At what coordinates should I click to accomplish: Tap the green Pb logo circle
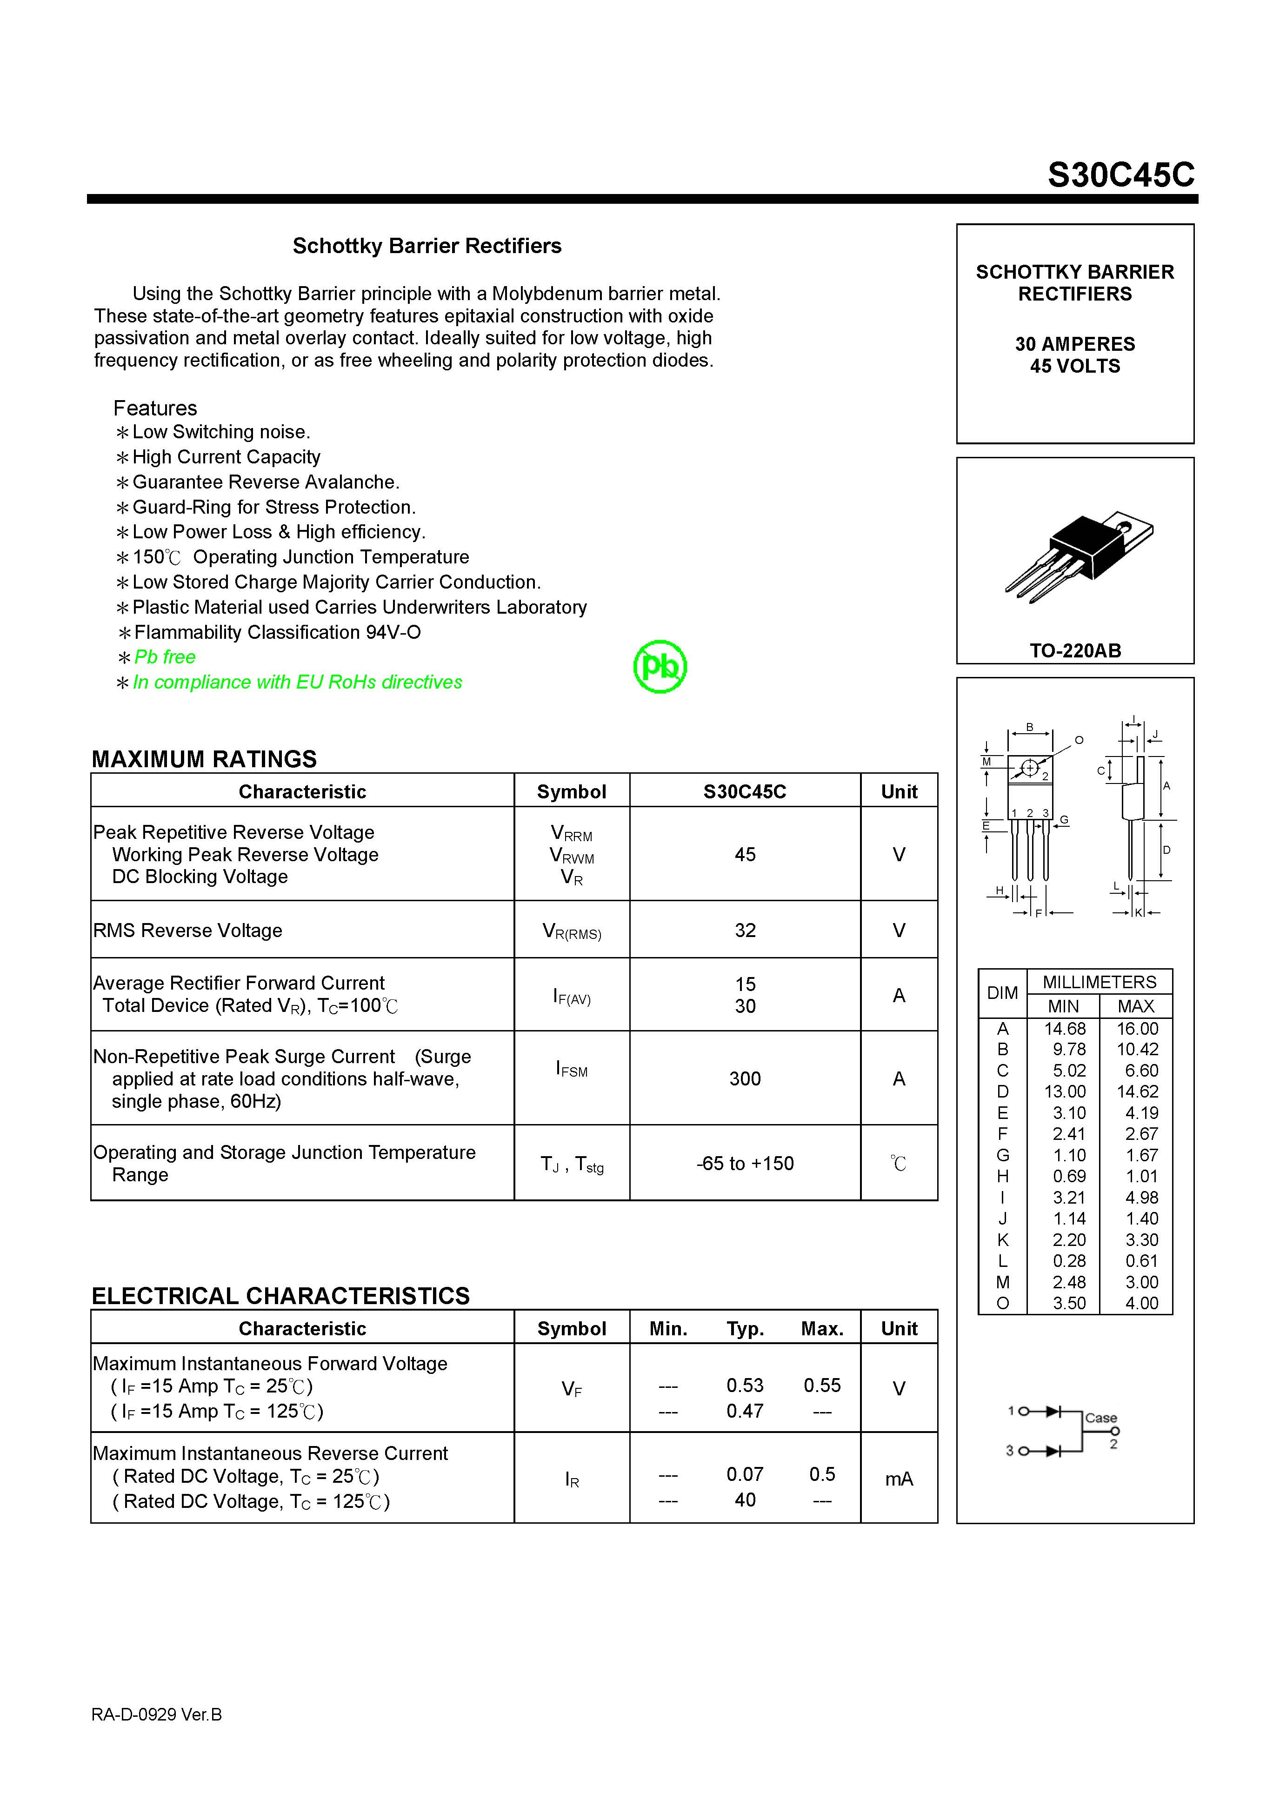pos(660,667)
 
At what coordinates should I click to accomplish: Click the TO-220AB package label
pos(1074,650)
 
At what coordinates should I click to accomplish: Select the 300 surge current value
pos(744,1078)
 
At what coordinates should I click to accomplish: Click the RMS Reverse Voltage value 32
pos(744,931)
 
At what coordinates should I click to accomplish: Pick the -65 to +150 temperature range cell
pos(744,1163)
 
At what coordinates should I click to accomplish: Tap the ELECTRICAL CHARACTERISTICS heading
pos(280,1296)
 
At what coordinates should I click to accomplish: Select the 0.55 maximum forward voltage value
pos(821,1385)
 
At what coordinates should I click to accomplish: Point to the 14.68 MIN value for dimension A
pos(1064,1028)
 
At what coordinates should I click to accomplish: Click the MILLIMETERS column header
pos(1099,982)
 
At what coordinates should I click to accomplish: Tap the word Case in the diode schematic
pos(1100,1418)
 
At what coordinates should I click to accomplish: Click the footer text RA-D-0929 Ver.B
pos(156,1715)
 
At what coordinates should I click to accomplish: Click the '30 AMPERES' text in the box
pos(1074,344)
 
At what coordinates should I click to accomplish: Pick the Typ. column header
pos(744,1329)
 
